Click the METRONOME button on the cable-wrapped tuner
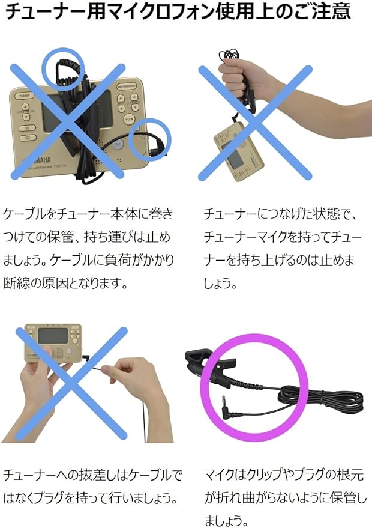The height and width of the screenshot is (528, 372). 127,87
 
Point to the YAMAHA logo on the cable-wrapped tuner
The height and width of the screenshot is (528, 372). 38,161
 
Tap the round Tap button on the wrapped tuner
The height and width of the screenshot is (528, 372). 118,144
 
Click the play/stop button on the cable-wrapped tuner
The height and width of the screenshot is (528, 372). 129,118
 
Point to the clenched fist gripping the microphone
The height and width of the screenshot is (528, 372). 236,77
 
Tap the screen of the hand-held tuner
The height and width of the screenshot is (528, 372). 53,336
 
